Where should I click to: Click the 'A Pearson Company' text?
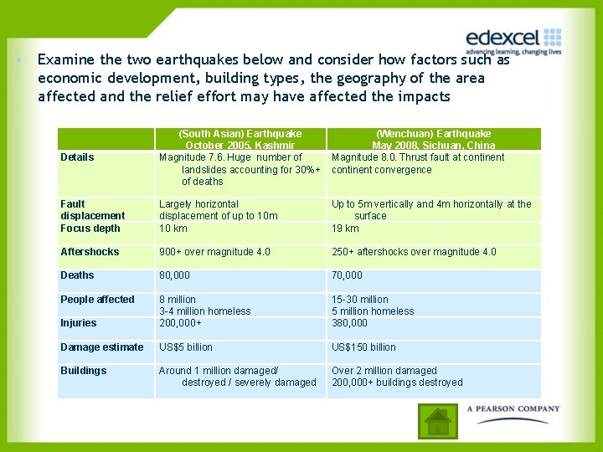[x=513, y=409]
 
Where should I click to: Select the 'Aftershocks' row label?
[x=90, y=252]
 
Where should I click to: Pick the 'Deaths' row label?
[x=77, y=275]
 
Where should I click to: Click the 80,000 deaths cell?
[x=174, y=275]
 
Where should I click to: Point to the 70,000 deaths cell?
[x=347, y=275]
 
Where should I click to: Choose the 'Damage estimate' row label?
[x=101, y=347]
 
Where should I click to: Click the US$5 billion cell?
[x=186, y=347]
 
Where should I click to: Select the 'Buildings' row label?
[x=83, y=371]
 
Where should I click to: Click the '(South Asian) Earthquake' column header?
[x=240, y=134]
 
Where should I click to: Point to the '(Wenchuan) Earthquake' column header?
[x=433, y=134]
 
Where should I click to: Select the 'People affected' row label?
[x=97, y=300]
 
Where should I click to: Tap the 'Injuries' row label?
[x=78, y=323]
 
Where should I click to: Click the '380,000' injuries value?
[x=349, y=323]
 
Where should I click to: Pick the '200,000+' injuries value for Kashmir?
[x=181, y=323]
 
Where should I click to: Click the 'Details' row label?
[x=77, y=157]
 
